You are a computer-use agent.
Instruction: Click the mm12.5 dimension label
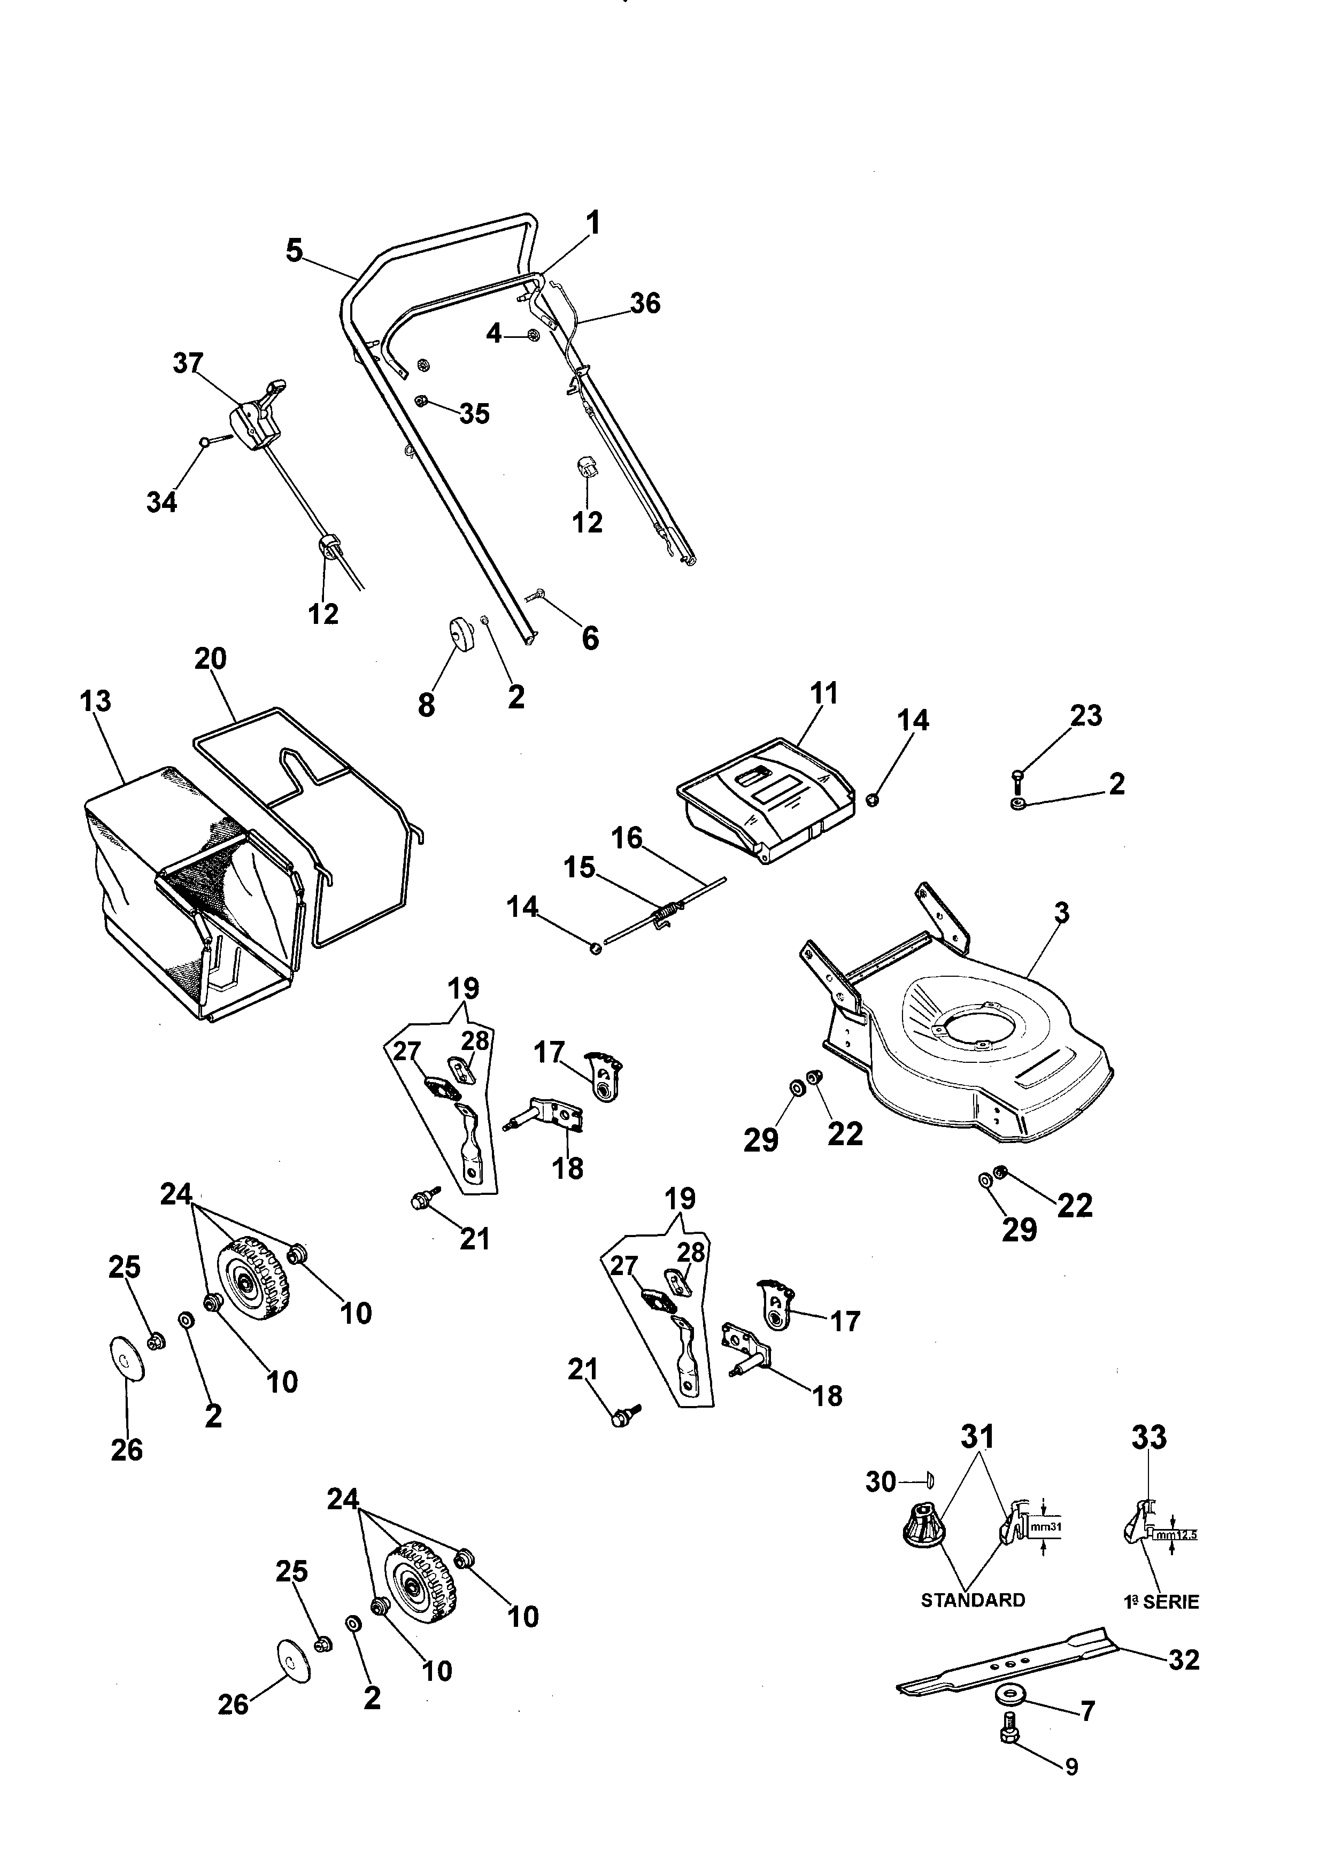(x=1177, y=1535)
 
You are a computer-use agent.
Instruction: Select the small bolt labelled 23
(x=1017, y=779)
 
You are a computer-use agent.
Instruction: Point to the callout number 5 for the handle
(x=294, y=250)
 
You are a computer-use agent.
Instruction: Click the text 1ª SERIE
(x=1161, y=1601)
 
